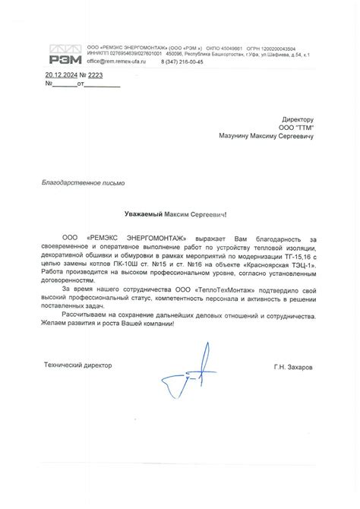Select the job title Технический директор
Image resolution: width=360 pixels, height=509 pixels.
click(77, 365)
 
